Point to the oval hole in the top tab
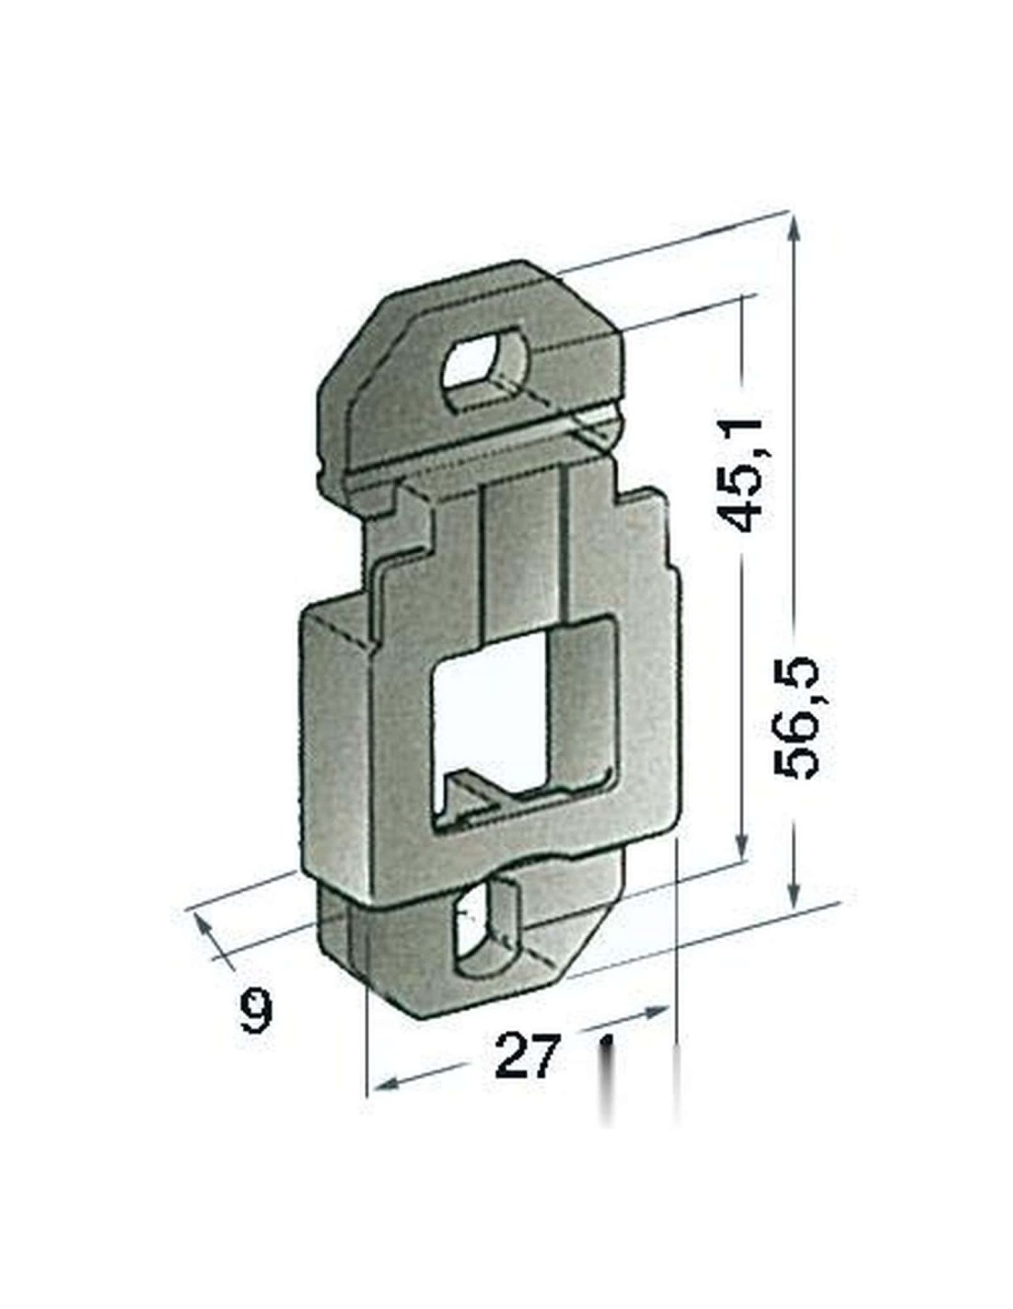coord(485,365)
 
